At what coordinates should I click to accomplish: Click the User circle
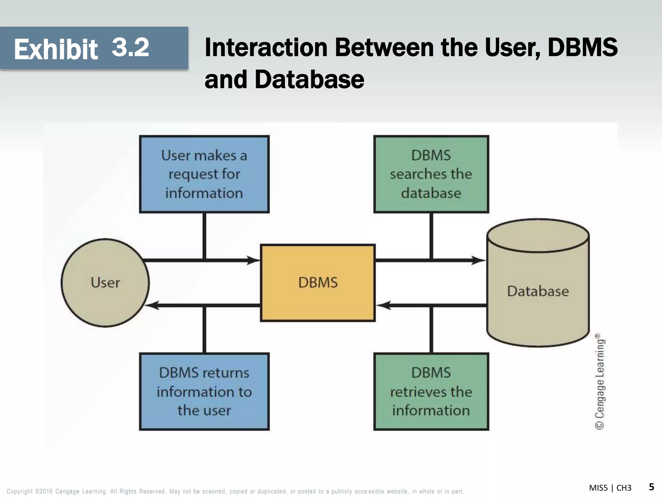(x=105, y=282)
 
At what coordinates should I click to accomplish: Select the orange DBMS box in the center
(x=318, y=282)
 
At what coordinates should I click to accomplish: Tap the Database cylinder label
(x=538, y=291)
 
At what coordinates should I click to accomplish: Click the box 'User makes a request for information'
(x=204, y=174)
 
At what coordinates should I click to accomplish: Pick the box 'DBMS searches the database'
(x=431, y=174)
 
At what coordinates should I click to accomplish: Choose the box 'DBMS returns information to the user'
(x=204, y=392)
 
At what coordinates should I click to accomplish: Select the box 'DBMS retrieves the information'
(x=431, y=392)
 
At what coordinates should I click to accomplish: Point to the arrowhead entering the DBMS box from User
(x=254, y=260)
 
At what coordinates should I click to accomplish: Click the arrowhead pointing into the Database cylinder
(x=478, y=260)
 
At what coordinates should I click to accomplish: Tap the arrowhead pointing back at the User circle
(x=152, y=305)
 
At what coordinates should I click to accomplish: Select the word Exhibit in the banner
(x=56, y=50)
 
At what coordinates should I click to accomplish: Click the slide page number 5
(x=651, y=487)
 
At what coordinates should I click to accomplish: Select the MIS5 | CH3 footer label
(x=610, y=488)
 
